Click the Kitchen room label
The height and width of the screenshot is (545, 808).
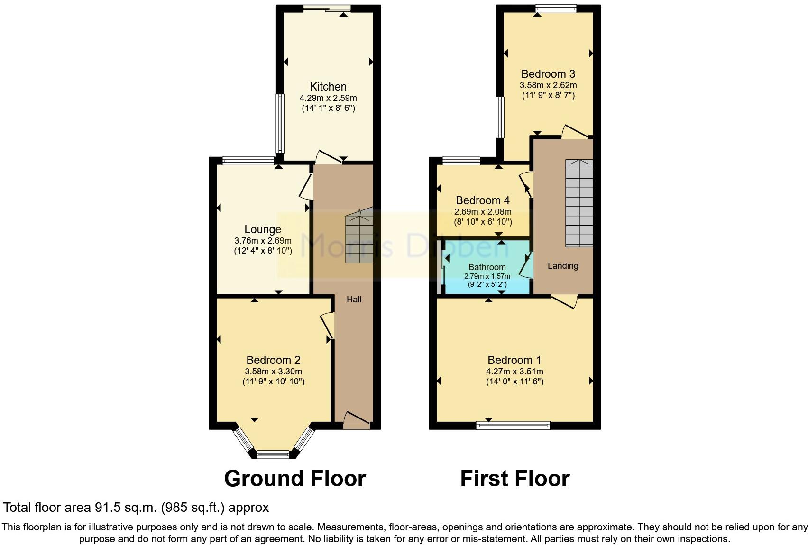(328, 87)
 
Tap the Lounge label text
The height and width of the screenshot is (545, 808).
(263, 229)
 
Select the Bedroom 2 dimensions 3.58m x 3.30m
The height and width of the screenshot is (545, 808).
(273, 372)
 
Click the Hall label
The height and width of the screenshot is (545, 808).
(354, 299)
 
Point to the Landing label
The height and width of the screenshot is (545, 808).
(563, 266)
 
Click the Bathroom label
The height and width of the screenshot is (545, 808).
(487, 267)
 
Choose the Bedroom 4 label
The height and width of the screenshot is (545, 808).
(483, 200)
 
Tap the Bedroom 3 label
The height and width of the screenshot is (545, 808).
(548, 74)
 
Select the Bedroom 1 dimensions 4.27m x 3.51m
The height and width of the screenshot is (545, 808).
(514, 372)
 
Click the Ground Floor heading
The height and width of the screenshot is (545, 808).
(294, 479)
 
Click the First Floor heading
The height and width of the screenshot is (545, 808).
(514, 479)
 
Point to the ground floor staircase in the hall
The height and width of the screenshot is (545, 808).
(359, 237)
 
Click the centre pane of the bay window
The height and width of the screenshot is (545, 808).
(273, 455)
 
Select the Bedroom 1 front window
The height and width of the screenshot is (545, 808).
(513, 425)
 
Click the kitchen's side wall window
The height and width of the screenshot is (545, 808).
(280, 123)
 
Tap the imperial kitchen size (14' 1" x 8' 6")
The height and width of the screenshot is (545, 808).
(328, 108)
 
